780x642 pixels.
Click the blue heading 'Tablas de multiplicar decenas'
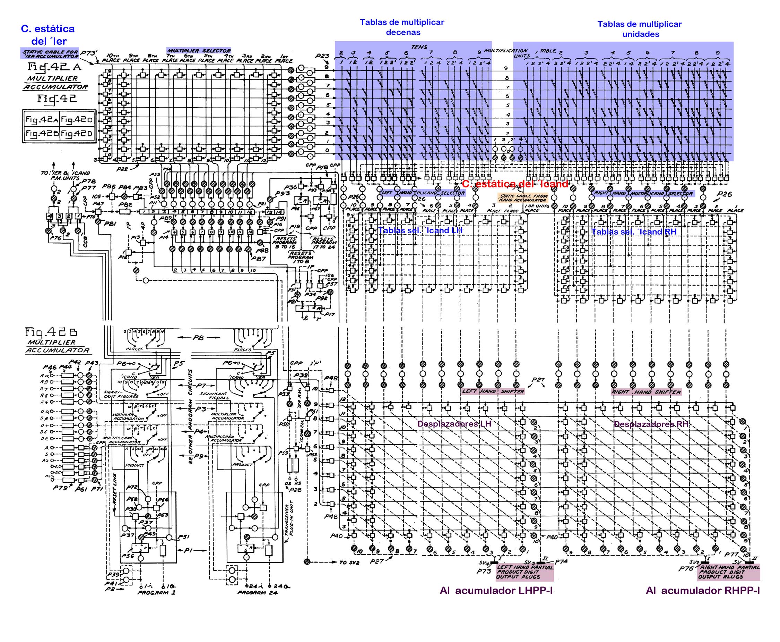[402, 27]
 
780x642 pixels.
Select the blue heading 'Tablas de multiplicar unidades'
[640, 29]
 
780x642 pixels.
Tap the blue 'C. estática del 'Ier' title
[48, 34]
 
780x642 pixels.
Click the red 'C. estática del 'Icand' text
[515, 184]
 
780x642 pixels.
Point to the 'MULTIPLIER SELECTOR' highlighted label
[199, 51]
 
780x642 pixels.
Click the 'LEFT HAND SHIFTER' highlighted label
[493, 391]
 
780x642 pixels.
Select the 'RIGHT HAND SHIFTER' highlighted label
[646, 392]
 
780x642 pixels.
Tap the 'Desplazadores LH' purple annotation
[454, 424]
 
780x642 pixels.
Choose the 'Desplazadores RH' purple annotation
[651, 424]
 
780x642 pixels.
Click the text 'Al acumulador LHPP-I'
[496, 591]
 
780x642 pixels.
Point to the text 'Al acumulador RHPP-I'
[702, 591]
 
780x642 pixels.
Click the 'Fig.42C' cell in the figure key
[77, 119]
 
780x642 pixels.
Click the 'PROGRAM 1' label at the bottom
[157, 592]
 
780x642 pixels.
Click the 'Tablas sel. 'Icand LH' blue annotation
[420, 230]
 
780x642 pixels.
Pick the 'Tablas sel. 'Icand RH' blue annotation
[634, 232]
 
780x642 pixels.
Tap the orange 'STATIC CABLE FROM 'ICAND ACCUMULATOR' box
[523, 198]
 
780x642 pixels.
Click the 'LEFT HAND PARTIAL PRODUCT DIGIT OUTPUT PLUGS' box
[524, 572]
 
